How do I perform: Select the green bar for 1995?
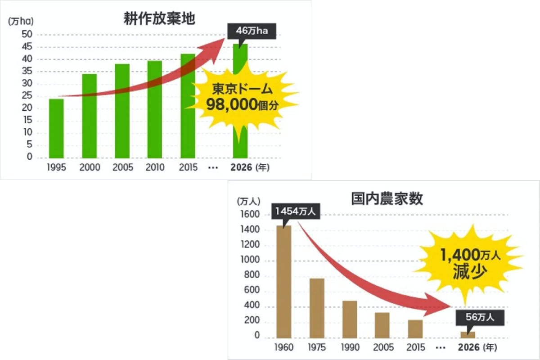pyautogui.click(x=56, y=128)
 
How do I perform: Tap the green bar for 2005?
pyautogui.click(x=122, y=111)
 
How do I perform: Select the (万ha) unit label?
pyautogui.click(x=21, y=21)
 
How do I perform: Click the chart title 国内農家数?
pyautogui.click(x=387, y=199)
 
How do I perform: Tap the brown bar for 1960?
pyautogui.click(x=283, y=281)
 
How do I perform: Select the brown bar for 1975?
pyautogui.click(x=317, y=308)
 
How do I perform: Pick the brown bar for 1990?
pyautogui.click(x=350, y=319)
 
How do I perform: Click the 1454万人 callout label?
pyautogui.click(x=296, y=211)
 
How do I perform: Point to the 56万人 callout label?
pyautogui.click(x=479, y=317)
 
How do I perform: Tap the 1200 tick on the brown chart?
pyautogui.click(x=251, y=245)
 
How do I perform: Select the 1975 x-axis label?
pyautogui.click(x=317, y=348)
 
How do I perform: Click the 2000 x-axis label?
pyautogui.click(x=90, y=168)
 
